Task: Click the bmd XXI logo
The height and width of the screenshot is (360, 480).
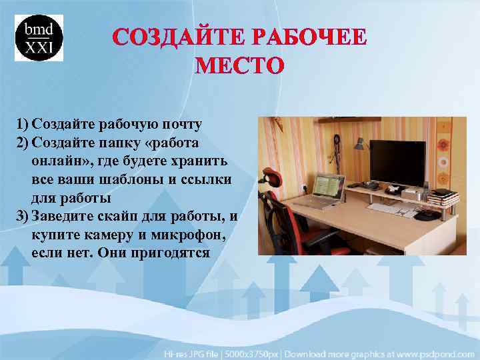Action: [x=39, y=37]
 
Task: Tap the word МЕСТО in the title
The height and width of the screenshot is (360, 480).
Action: [x=239, y=66]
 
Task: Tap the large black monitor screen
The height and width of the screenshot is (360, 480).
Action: [x=397, y=162]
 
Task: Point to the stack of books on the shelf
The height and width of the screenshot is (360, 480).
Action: [x=443, y=197]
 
